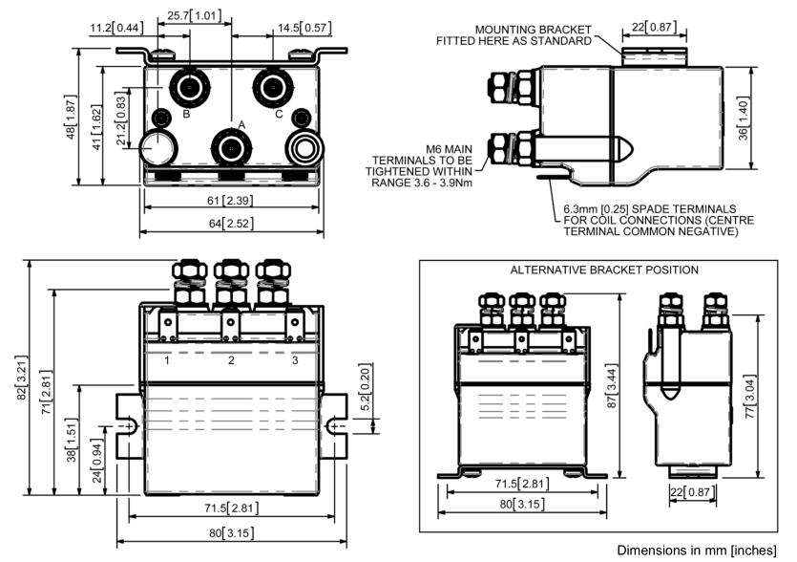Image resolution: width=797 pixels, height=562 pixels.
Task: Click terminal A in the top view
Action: pyautogui.click(x=231, y=147)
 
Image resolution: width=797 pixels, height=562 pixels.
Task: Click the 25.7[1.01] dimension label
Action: pyautogui.click(x=193, y=16)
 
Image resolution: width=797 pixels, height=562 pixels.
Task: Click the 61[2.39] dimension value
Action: pyautogui.click(x=229, y=203)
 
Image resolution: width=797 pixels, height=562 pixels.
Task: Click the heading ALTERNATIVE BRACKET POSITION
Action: pyautogui.click(x=604, y=270)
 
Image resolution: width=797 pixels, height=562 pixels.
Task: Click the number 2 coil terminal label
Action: pyautogui.click(x=231, y=360)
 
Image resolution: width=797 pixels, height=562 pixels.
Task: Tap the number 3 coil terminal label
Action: pyautogui.click(x=295, y=360)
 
